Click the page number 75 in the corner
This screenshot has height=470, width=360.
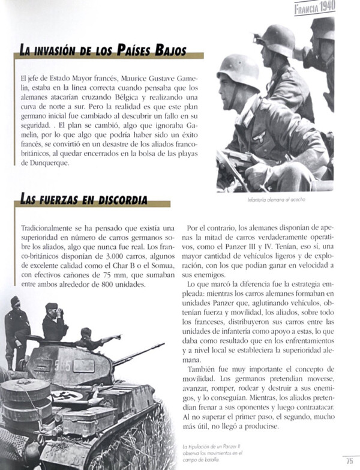pyautogui.click(x=349, y=461)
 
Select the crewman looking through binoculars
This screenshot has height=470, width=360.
pyautogui.click(x=54, y=321)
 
